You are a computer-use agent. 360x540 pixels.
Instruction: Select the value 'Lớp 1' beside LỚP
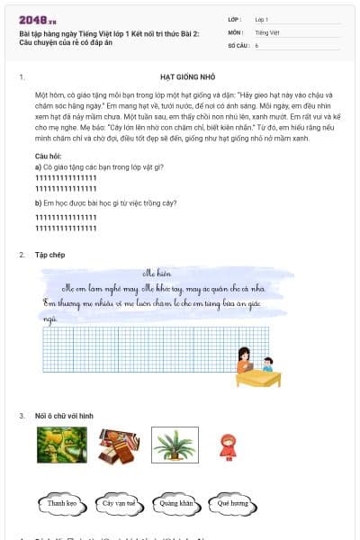(x=261, y=19)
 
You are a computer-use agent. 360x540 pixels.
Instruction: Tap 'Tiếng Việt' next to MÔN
(x=266, y=31)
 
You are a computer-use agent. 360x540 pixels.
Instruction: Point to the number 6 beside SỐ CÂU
(x=256, y=44)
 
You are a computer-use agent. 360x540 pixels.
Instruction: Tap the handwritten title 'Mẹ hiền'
(x=157, y=272)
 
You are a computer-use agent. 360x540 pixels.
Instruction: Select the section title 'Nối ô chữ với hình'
(x=66, y=415)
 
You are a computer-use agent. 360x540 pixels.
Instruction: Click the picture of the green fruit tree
(x=62, y=445)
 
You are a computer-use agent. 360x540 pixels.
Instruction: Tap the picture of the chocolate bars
(x=118, y=445)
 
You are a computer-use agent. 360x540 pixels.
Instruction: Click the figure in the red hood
(x=227, y=445)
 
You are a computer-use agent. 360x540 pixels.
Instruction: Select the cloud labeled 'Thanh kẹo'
(x=62, y=503)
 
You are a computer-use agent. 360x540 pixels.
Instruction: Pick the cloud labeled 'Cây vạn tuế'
(x=119, y=503)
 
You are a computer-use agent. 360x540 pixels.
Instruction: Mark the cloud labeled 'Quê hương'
(x=232, y=503)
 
